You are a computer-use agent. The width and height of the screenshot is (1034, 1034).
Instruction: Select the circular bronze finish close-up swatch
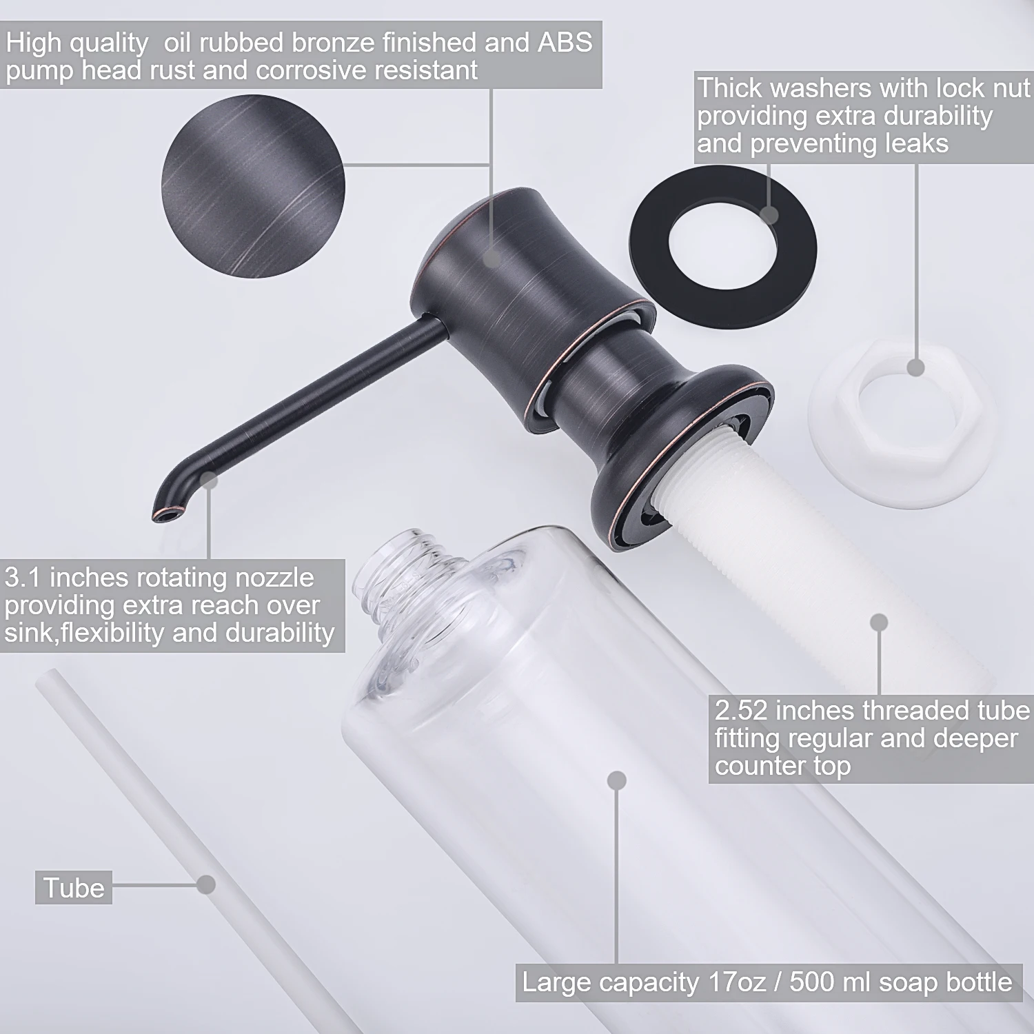tap(253, 186)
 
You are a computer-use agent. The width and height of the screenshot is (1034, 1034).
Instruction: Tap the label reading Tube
tap(74, 888)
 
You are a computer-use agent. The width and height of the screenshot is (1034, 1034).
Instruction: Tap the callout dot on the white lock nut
tap(915, 367)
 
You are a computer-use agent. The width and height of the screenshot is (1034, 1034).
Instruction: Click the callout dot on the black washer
tap(770, 215)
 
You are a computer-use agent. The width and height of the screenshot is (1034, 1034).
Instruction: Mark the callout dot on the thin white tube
tap(205, 884)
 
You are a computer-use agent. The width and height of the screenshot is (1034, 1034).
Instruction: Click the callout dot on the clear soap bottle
tap(617, 780)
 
